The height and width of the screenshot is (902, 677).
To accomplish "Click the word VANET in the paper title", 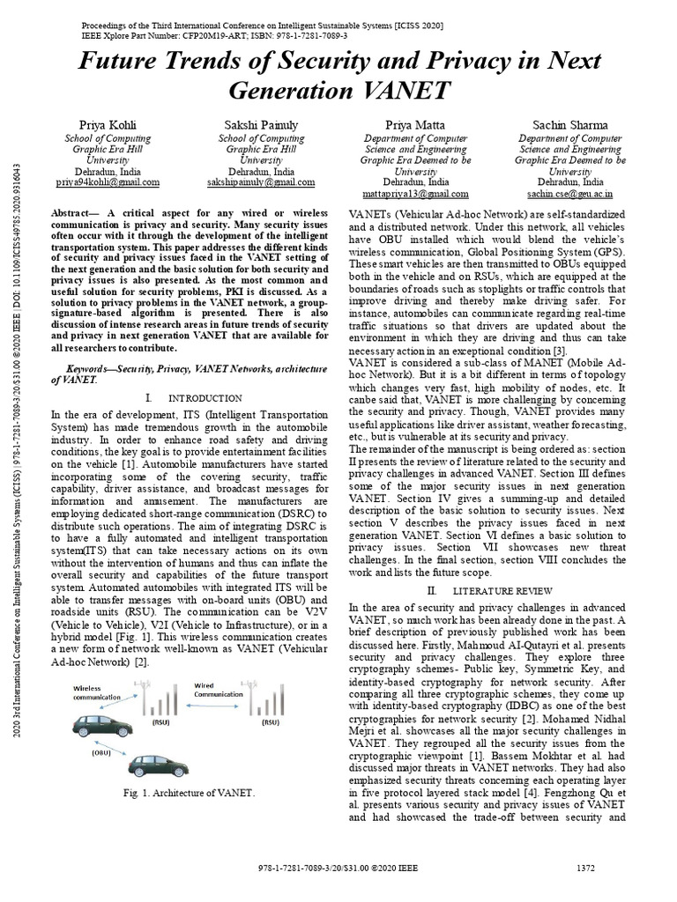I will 401,91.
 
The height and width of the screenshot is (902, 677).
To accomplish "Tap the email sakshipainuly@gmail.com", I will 261,182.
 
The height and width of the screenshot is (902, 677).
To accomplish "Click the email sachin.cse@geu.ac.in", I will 570,193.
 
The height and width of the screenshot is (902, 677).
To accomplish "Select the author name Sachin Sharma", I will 570,125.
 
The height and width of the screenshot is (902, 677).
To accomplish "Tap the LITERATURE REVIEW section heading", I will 506,589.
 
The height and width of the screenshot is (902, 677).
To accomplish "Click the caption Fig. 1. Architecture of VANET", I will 188,794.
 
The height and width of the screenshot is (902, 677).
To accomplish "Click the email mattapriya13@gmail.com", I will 415,193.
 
